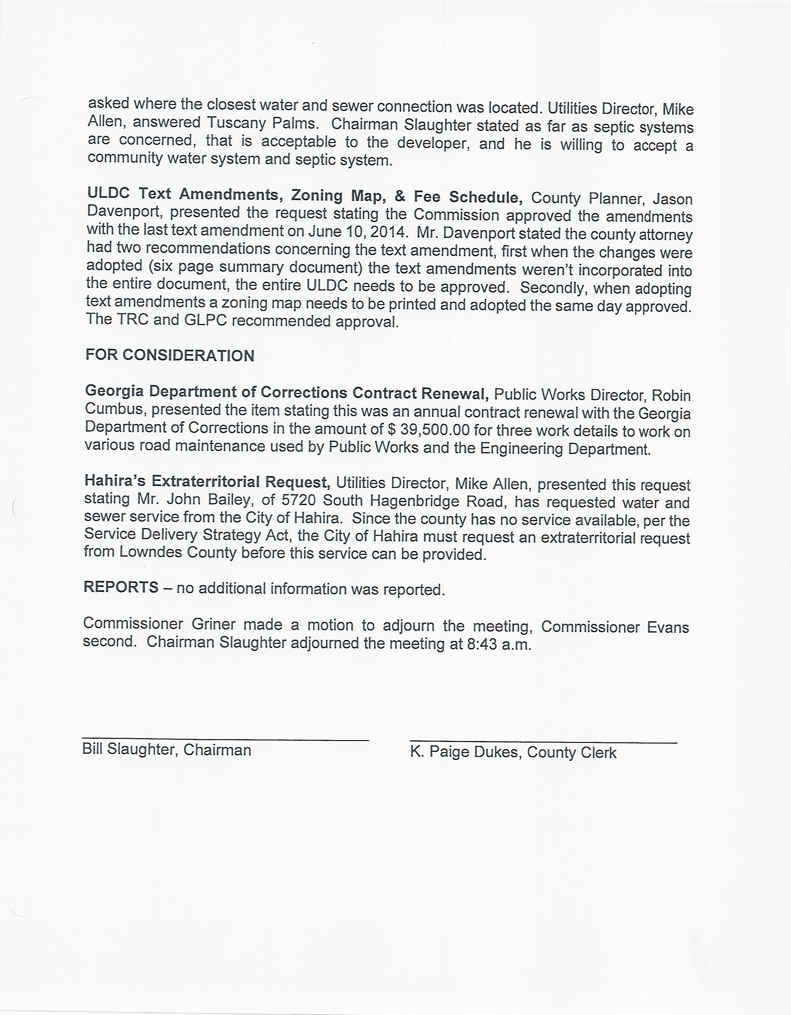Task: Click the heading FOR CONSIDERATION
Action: [170, 355]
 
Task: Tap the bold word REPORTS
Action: [121, 587]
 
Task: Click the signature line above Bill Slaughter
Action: [225, 739]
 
